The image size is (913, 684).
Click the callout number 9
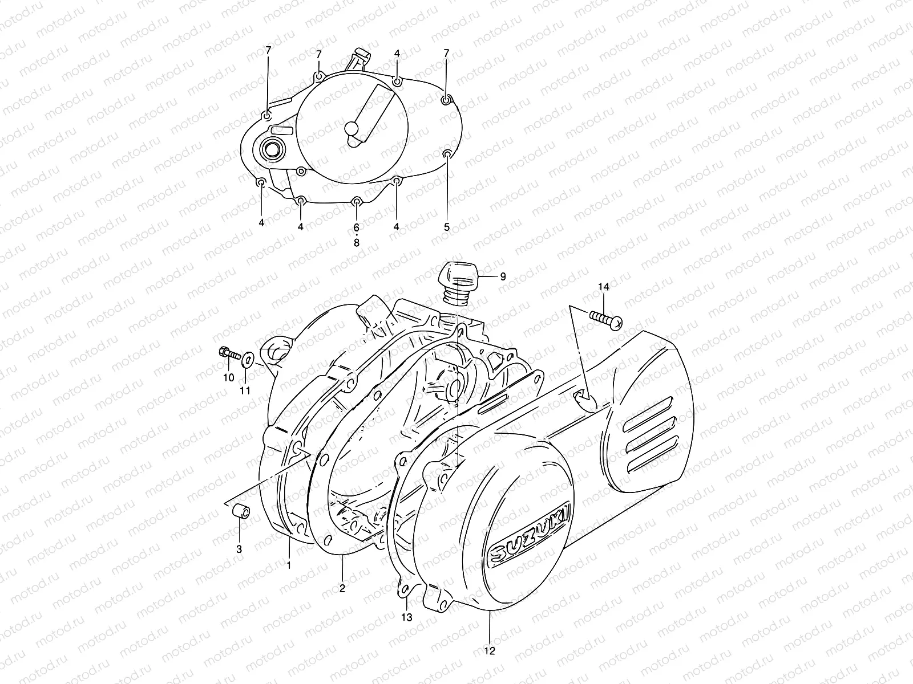(503, 277)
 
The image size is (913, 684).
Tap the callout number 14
(604, 288)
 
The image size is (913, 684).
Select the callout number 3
(239, 549)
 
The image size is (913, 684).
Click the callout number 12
(490, 650)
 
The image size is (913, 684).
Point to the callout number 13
(407, 617)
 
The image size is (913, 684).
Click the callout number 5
(447, 226)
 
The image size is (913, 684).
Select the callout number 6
(357, 226)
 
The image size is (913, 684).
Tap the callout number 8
(357, 243)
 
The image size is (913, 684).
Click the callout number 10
(228, 377)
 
